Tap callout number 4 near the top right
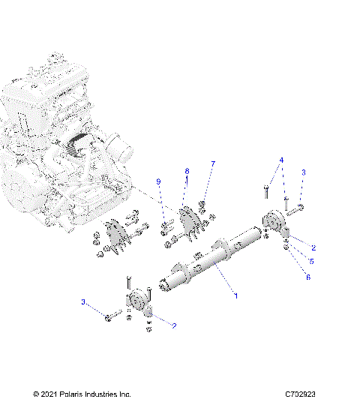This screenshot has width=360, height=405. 281,160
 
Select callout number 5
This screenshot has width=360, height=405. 312,262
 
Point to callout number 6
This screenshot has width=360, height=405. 307,277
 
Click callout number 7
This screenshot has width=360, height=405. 212,163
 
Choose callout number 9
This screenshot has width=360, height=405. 158,182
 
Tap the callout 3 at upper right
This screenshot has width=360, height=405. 304,172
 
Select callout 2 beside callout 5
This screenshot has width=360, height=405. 313,247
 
